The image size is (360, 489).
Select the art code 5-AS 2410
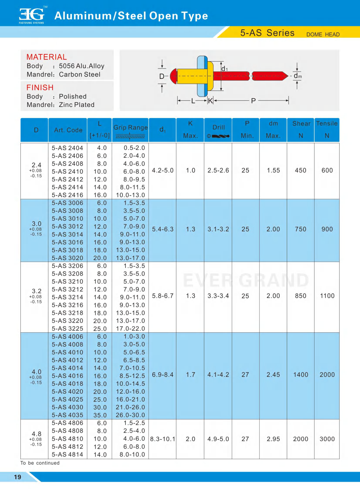pyautogui.click(x=67, y=171)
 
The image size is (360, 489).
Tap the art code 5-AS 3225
pyautogui.click(x=67, y=329)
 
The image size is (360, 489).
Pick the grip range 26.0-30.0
pyautogui.click(x=130, y=415)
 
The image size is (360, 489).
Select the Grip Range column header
pyautogui.click(x=130, y=128)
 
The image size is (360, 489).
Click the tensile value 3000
pyautogui.click(x=327, y=439)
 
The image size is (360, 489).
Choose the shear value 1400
pyautogui.click(x=301, y=375)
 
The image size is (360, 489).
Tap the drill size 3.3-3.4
pyautogui.click(x=218, y=296)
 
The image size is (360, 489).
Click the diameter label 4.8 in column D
pyautogui.click(x=36, y=434)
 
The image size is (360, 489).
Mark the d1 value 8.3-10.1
pyautogui.click(x=163, y=439)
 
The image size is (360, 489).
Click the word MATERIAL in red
pyautogui.click(x=46, y=57)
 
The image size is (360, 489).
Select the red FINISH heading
pyautogui.click(x=40, y=88)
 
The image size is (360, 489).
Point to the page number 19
pyautogui.click(x=18, y=477)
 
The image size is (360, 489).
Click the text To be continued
pyautogui.click(x=40, y=463)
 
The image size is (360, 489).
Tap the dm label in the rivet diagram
pyautogui.click(x=297, y=76)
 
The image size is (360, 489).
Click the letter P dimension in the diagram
pyautogui.click(x=253, y=101)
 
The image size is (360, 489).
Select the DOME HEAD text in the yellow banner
pyautogui.click(x=323, y=35)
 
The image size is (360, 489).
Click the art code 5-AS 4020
pyautogui.click(x=67, y=392)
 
